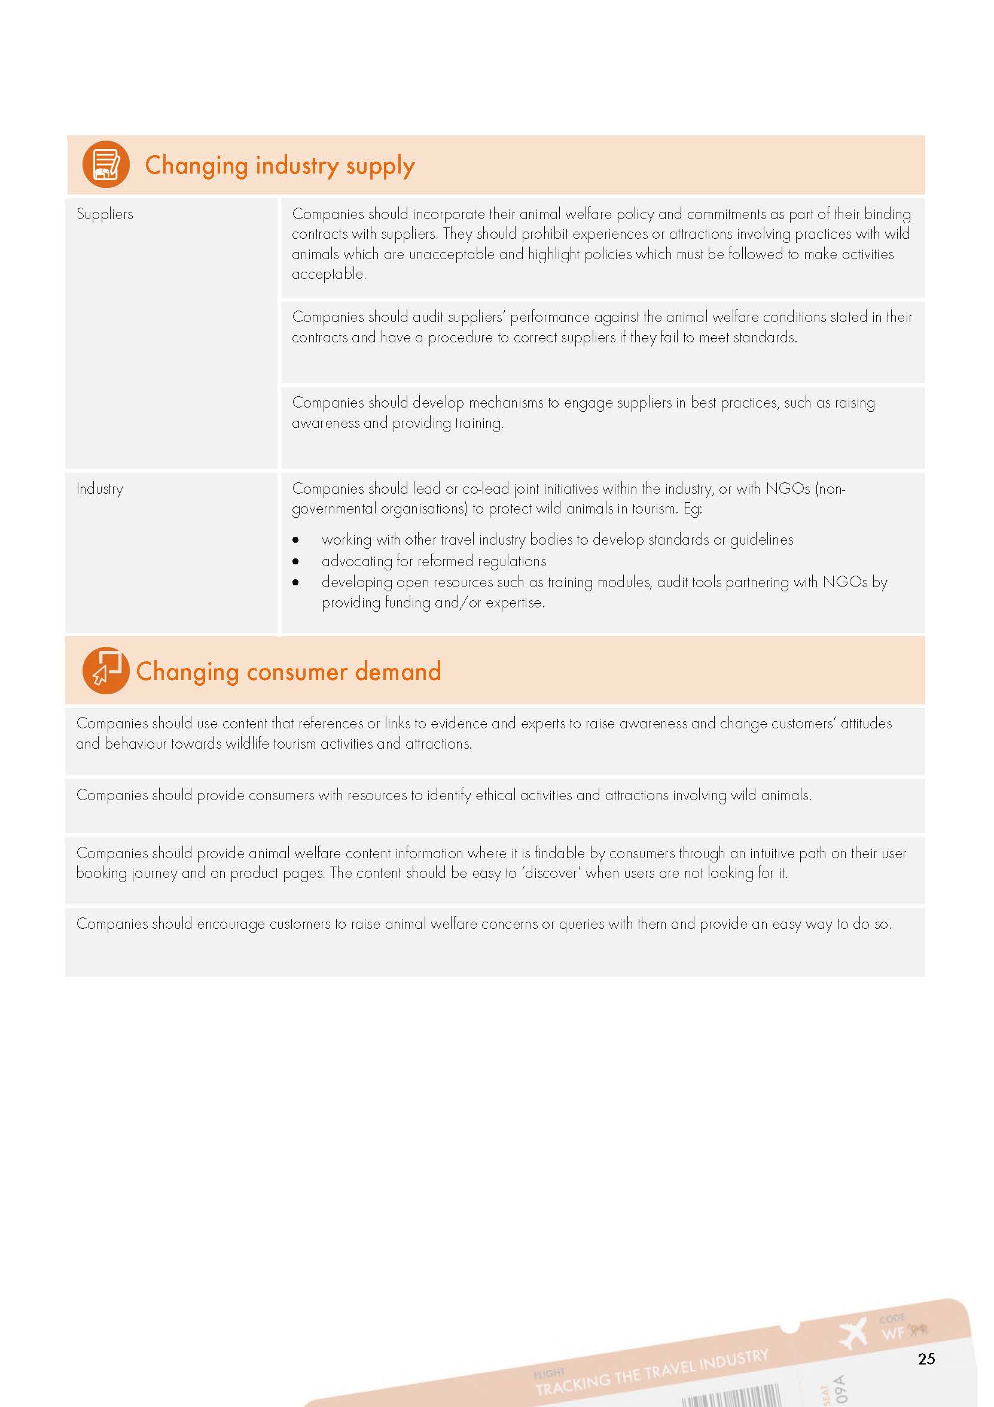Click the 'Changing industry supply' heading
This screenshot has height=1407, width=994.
click(x=279, y=165)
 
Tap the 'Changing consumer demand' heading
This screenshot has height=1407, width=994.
click(x=288, y=671)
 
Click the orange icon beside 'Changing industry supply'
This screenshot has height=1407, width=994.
click(x=106, y=164)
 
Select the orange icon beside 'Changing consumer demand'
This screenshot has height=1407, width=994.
click(x=105, y=670)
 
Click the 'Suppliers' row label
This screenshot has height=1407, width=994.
click(x=105, y=214)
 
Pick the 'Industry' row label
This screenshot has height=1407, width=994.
click(x=100, y=488)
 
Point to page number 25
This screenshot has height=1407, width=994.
click(x=926, y=1359)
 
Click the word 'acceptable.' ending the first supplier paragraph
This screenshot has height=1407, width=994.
click(x=329, y=274)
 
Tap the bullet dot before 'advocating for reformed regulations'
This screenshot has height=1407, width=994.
click(x=296, y=561)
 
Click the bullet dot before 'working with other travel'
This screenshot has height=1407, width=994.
click(x=296, y=540)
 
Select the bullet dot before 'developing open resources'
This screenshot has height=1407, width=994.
click(x=296, y=582)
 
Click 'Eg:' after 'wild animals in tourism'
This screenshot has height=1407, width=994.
click(x=692, y=509)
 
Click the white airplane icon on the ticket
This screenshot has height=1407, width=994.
click(x=853, y=1333)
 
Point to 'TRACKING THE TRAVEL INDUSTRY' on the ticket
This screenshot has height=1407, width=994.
click(x=652, y=1372)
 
